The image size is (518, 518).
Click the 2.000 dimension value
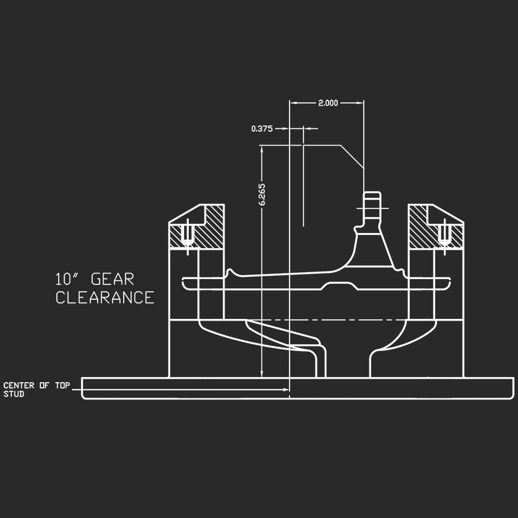[328, 103]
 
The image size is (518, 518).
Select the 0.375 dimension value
[262, 128]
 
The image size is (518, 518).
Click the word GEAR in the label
[113, 279]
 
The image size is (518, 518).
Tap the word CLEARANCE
[105, 298]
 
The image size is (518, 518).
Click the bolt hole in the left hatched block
[186, 233]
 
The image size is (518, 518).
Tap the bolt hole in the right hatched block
[444, 233]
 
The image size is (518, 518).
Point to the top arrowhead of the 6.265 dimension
[262, 148]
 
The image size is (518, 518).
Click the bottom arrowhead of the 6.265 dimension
[262, 375]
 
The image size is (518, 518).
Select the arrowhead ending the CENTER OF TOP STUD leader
[286, 390]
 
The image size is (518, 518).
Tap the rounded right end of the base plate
[511, 389]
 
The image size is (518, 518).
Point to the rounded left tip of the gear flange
[184, 283]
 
